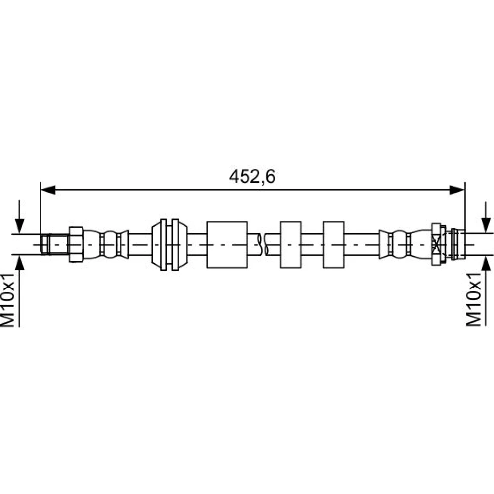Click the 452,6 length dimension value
coord(252,176)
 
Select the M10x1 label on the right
coord(474,299)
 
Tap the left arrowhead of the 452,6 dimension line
coord(48,190)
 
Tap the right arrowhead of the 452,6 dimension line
coord(457,190)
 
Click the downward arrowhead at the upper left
coord(20,226)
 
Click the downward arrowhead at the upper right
coord(486,225)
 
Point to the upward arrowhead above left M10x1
coord(20,263)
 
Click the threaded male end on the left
coord(54,244)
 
